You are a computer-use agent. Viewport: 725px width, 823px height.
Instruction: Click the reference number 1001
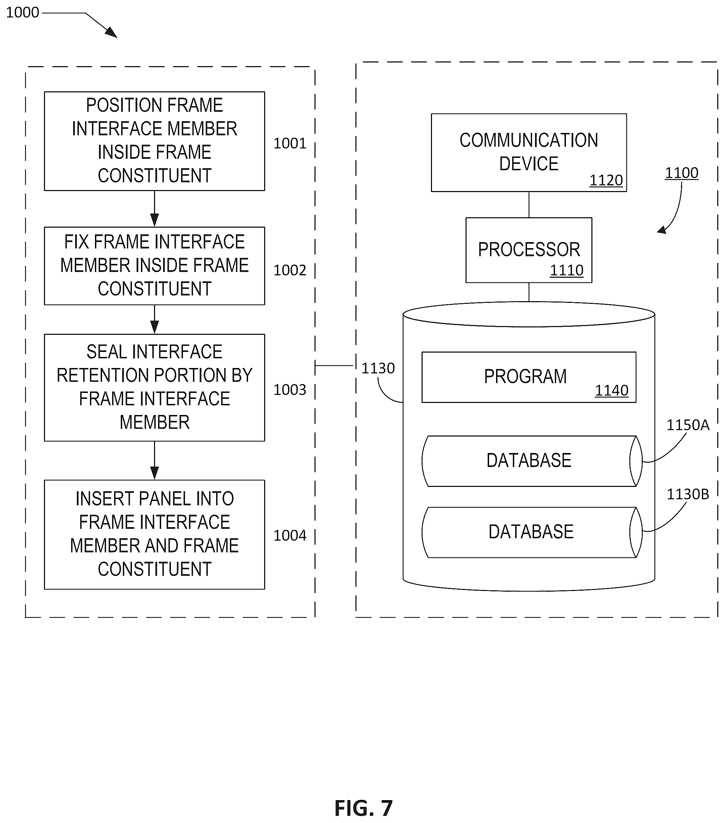coord(290,143)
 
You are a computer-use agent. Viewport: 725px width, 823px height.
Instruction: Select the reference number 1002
coord(290,270)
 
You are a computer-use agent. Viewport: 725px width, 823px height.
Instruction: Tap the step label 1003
coord(290,390)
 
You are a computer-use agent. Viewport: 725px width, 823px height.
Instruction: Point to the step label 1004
coord(290,536)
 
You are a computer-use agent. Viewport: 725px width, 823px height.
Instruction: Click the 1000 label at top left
coord(22,12)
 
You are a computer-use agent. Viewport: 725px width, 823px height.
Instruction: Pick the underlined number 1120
coord(606,180)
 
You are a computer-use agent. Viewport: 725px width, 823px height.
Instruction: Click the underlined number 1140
coord(612,390)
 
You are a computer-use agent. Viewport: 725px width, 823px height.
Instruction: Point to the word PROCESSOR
coord(529,249)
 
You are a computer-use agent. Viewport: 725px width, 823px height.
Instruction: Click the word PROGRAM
coord(525,376)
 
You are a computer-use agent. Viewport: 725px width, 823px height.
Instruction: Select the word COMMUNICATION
coord(529,140)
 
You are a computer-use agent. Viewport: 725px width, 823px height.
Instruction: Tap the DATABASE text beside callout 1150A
coord(529,461)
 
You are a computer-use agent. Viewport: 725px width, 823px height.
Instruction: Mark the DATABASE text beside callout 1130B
coord(531,532)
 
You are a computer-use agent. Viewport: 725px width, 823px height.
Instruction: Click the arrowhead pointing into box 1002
coord(155,220)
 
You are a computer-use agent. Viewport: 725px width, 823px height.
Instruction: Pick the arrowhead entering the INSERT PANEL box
coord(155,473)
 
